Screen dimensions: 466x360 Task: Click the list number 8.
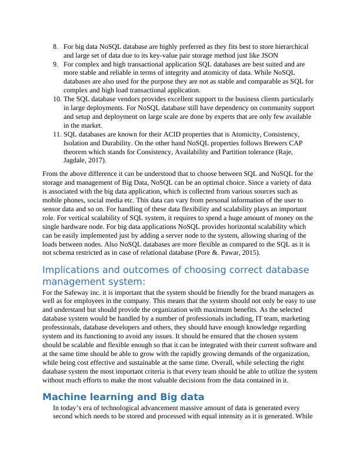tap(55, 46)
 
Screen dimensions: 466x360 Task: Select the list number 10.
tap(56, 99)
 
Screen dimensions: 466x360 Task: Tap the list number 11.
tap(56, 134)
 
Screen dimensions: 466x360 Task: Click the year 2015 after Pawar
tap(241, 253)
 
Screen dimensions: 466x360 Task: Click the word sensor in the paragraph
tap(53, 209)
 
